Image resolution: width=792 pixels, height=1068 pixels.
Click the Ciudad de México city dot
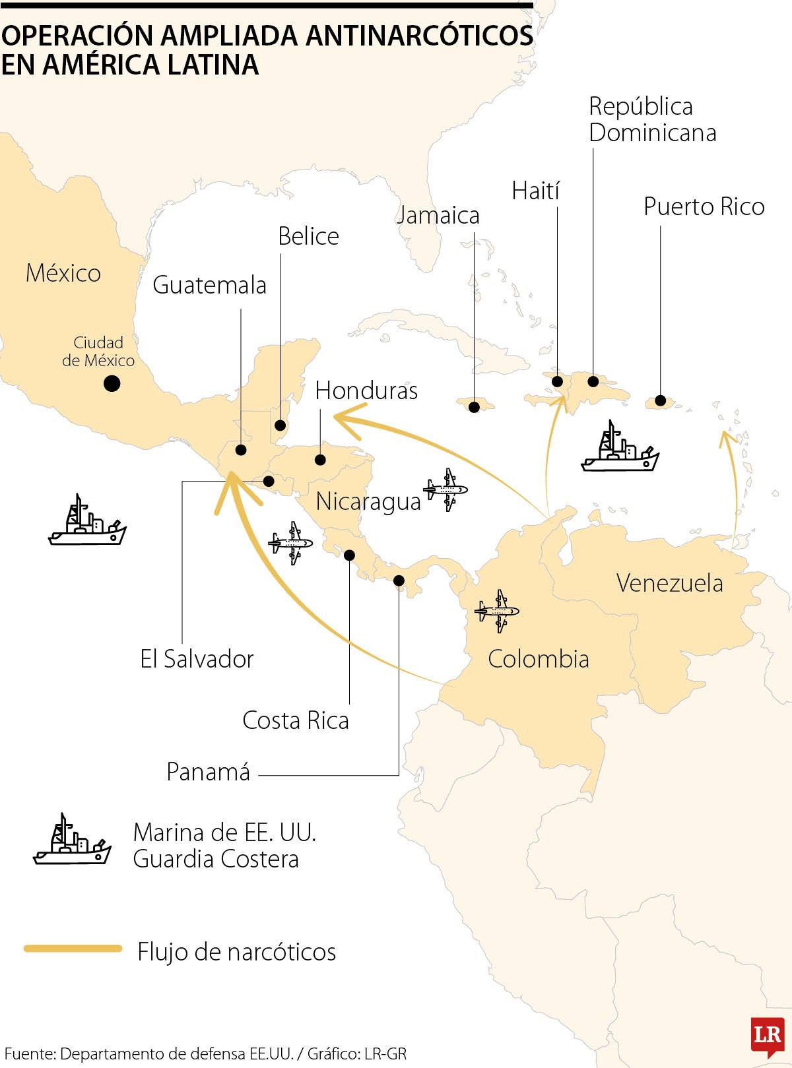click(112, 383)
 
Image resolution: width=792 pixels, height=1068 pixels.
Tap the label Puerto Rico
click(704, 206)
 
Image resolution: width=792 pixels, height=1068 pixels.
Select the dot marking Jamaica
click(474, 407)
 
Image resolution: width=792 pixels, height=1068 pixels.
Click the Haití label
click(535, 191)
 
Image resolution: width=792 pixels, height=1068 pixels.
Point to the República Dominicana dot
click(593, 381)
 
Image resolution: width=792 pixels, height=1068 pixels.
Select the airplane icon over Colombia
click(497, 611)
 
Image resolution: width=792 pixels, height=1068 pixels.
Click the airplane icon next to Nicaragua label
click(446, 489)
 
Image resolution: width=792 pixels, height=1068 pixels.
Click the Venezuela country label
click(669, 583)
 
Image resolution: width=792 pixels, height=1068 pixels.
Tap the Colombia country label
click(538, 659)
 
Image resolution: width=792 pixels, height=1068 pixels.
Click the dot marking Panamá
click(399, 581)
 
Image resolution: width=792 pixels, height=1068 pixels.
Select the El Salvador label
click(197, 659)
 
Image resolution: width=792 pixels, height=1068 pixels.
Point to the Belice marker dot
click(280, 425)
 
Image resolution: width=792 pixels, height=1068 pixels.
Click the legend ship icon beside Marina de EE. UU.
click(71, 840)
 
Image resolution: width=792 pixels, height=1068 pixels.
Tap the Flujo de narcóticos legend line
click(73, 949)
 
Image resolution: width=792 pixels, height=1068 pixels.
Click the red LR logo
click(766, 1034)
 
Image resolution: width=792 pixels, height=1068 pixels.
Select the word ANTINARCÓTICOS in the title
click(419, 36)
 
